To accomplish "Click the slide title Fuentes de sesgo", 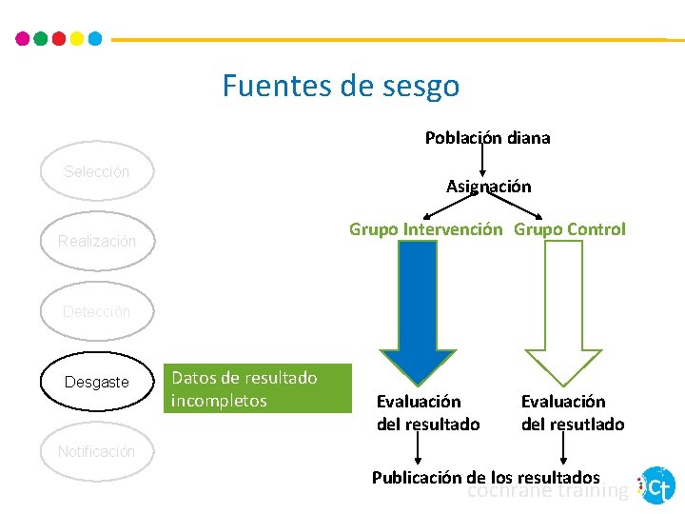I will (x=341, y=87).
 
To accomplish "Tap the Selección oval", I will (x=96, y=172).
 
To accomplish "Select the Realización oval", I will (x=96, y=242).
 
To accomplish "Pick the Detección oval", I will (x=96, y=311).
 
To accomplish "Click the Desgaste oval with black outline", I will (x=96, y=382).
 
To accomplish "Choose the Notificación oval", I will (x=96, y=451).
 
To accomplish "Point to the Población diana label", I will (x=487, y=138).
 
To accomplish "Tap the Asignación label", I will (x=488, y=187).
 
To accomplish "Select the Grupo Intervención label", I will (x=425, y=229).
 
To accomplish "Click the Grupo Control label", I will (x=570, y=229).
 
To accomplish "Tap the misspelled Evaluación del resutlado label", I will (x=573, y=413).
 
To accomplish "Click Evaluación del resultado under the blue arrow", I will (x=428, y=413).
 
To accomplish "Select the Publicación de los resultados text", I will (x=485, y=477).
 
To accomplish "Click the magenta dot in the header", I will (x=23, y=39).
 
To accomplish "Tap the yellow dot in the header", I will (x=76, y=39).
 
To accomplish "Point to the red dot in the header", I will (x=58, y=39).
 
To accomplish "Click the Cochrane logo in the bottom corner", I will (x=657, y=485).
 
